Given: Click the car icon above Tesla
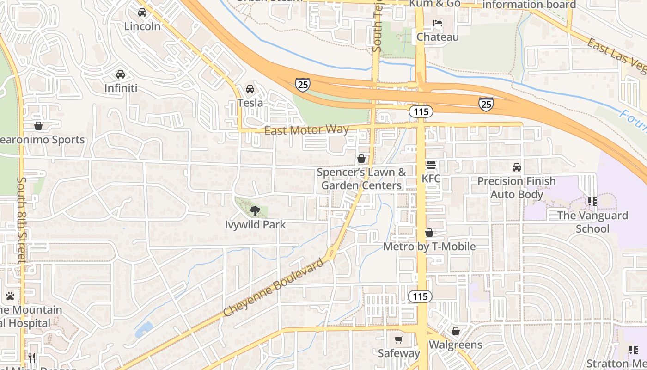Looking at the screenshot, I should (x=250, y=89).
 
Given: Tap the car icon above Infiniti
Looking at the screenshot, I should (x=121, y=74).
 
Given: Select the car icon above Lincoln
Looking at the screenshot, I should (x=142, y=12).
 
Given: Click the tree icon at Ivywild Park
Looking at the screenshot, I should (x=255, y=211).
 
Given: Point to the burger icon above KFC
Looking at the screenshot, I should (x=431, y=165).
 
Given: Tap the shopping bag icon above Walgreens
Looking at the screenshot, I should (x=456, y=331).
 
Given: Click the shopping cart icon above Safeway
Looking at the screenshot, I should (x=399, y=340).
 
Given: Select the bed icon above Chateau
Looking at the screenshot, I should (x=438, y=23).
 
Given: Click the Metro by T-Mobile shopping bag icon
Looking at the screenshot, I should (x=429, y=233).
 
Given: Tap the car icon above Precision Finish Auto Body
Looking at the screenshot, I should (x=516, y=167).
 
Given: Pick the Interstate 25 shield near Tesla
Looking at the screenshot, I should (x=302, y=84).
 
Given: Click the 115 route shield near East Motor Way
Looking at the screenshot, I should (x=421, y=111).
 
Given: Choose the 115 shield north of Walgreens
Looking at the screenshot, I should (x=420, y=296).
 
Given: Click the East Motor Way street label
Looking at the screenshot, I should (x=306, y=130).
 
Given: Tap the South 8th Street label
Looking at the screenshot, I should (x=22, y=220).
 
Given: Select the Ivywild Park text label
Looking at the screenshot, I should (x=255, y=225).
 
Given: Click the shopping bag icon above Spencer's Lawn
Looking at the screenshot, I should (x=361, y=159).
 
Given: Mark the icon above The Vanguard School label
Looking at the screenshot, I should (x=592, y=202).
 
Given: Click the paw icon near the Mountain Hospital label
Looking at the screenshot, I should (x=10, y=296).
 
